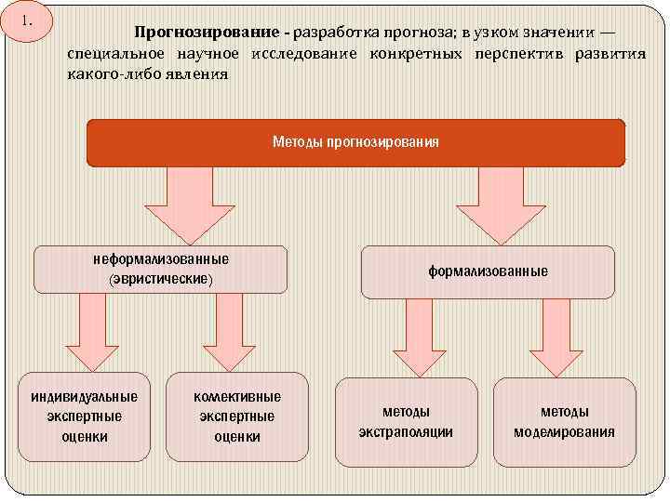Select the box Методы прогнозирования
click(x=355, y=142)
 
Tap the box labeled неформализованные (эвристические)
click(x=160, y=269)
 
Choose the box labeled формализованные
click(x=488, y=271)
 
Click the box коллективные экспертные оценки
click(x=236, y=416)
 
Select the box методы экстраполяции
click(x=407, y=421)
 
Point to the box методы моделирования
click(x=564, y=421)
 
